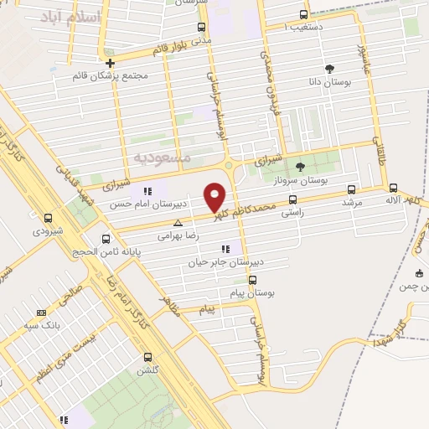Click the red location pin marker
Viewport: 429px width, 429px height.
point(216,196)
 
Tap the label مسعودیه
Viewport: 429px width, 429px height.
point(163,158)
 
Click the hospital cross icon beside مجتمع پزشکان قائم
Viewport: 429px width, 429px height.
point(111,63)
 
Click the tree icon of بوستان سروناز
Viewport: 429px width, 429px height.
point(300,167)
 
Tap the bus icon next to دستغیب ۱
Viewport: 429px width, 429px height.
point(302,14)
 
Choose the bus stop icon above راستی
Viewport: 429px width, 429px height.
point(292,199)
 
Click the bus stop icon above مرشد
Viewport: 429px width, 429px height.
point(351,189)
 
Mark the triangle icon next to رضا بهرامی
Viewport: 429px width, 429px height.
point(177,224)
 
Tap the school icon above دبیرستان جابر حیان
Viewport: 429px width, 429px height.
point(224,248)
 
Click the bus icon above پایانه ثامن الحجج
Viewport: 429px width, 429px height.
point(105,239)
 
